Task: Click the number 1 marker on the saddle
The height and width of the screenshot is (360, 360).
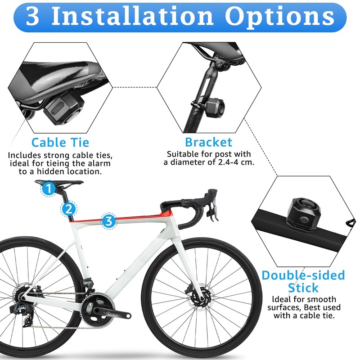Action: pos(49,189)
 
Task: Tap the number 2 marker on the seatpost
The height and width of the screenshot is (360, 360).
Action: pos(68,208)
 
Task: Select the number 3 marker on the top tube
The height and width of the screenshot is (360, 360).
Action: pos(108,220)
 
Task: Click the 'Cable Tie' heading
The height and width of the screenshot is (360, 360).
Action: pos(60,143)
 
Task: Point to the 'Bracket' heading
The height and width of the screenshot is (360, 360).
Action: pos(209,142)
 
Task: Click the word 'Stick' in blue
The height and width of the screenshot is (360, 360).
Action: pos(303,288)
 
